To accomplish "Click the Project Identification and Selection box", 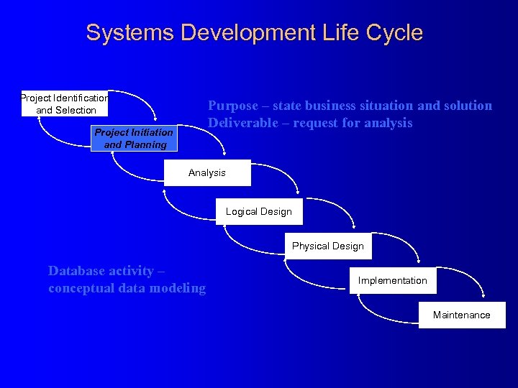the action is [x=65, y=103].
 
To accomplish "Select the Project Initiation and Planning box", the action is [x=134, y=138].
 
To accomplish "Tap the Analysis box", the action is [x=207, y=172].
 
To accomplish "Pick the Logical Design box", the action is [x=259, y=211].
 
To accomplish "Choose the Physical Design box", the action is [x=328, y=246].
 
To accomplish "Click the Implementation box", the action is [x=393, y=280].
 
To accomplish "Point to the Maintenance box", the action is [x=462, y=315].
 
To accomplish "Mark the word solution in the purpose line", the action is [x=468, y=106].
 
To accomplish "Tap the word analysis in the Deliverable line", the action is [x=388, y=123].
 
